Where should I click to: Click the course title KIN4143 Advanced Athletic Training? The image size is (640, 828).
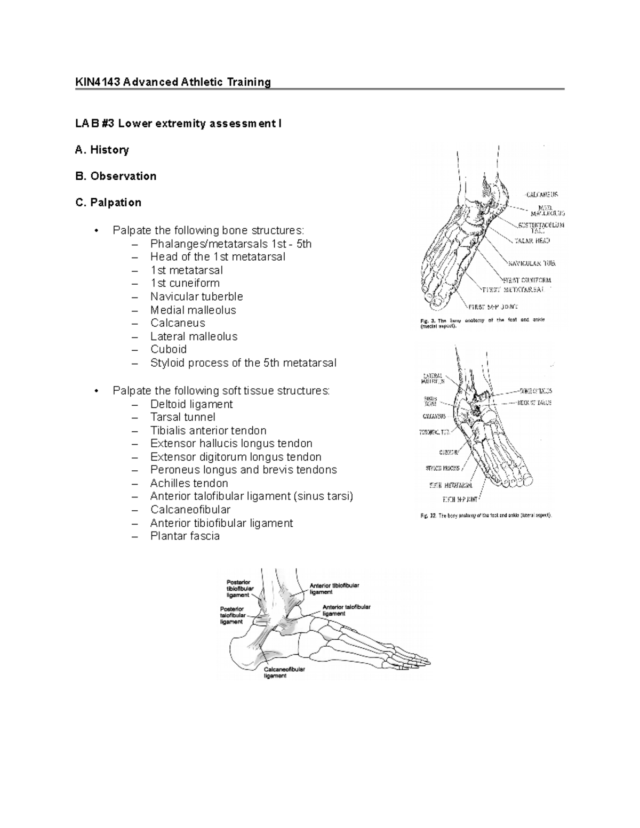pos(173,82)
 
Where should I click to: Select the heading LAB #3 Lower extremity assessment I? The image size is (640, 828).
pos(178,124)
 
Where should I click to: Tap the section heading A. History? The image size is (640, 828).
pos(102,150)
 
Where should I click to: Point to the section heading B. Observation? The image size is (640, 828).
pos(116,176)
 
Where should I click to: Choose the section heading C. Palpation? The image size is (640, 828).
pos(108,203)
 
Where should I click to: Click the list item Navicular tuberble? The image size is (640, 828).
pos(196,296)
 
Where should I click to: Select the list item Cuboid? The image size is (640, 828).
pos(168,349)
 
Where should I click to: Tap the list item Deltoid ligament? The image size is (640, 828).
pos(191,404)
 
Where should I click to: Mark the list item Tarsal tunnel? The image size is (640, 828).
pos(182,417)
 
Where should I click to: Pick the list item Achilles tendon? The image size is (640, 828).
pos(189,483)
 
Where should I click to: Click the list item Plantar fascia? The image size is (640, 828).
pos(185,536)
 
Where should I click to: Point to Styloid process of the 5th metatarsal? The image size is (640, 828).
pos(243,363)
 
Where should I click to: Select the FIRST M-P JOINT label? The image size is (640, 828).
pos(493,307)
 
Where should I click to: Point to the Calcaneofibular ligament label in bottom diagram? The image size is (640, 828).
pos(284,672)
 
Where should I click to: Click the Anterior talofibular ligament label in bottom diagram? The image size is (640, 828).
pos(346,610)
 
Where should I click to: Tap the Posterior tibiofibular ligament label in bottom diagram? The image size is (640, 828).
pos(238,588)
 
